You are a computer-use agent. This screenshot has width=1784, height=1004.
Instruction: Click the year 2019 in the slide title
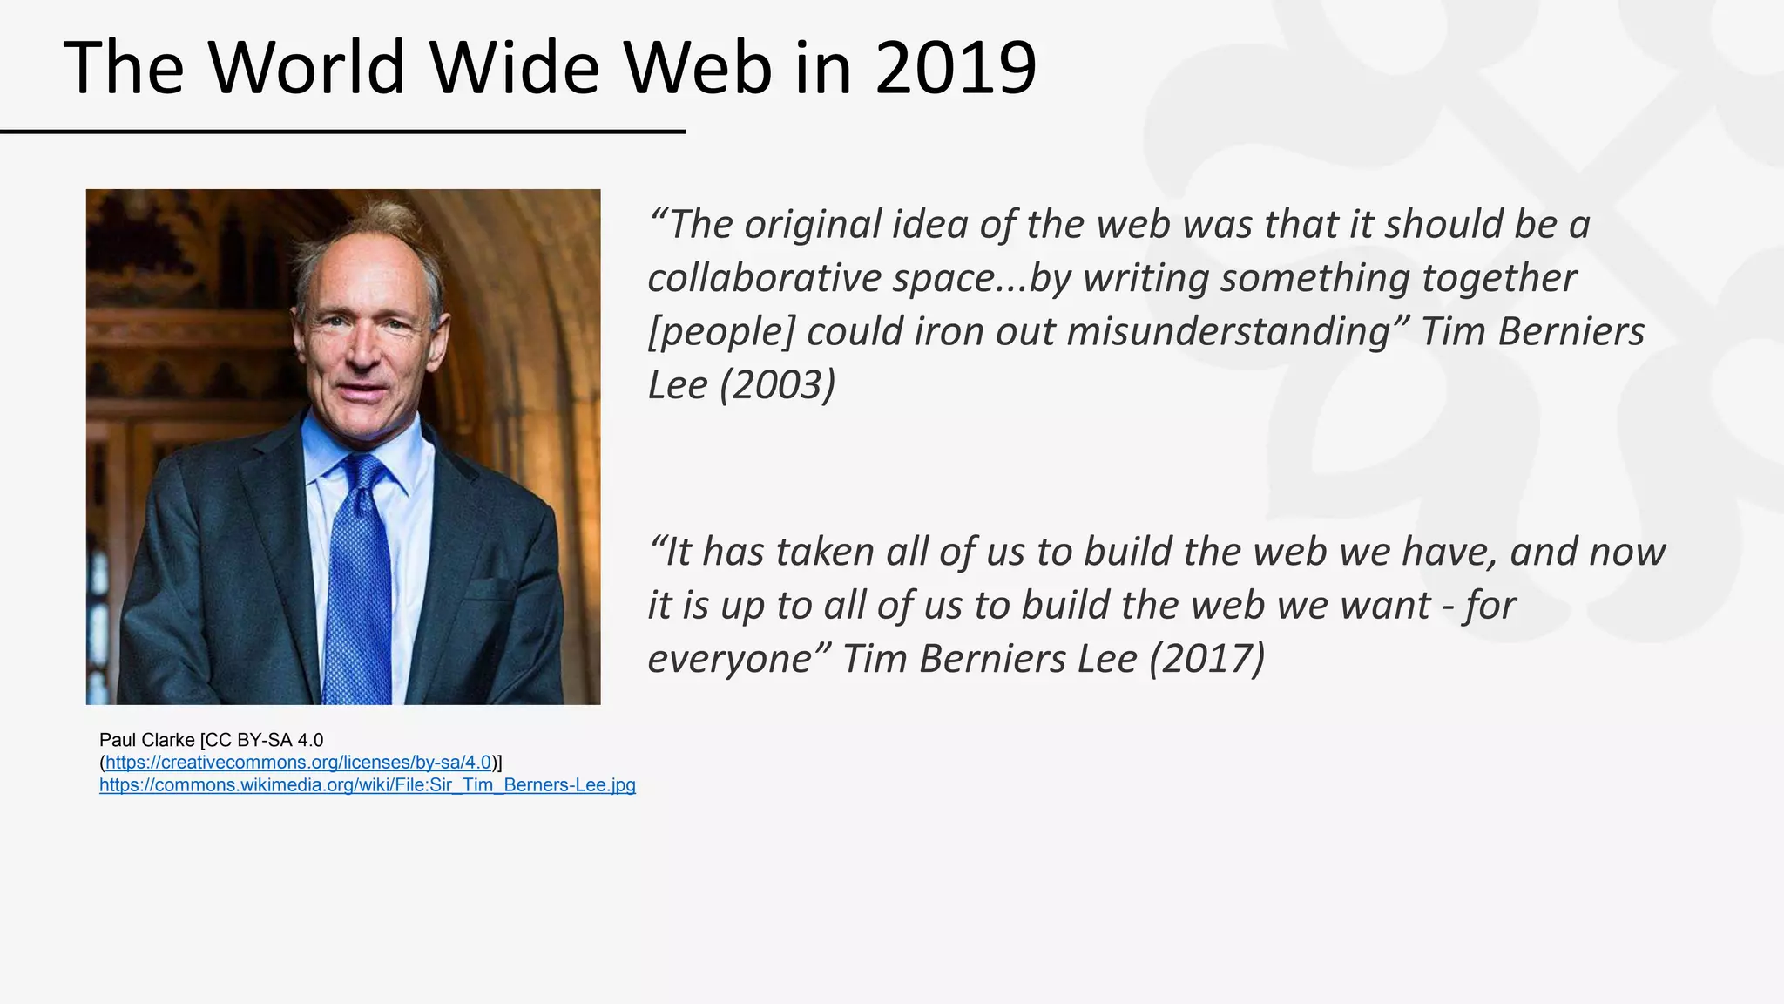[x=956, y=68]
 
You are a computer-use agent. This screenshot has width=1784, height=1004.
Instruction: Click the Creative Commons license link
[x=298, y=763]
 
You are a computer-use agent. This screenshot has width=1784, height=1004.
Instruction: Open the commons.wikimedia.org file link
[x=367, y=785]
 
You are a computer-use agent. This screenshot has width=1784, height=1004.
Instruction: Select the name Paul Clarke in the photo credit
[x=146, y=740]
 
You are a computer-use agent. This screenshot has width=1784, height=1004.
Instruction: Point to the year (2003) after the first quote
[x=777, y=385]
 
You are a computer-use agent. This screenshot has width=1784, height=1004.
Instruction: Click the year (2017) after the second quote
[x=1206, y=659]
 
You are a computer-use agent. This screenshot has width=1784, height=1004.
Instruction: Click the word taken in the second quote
[x=824, y=552]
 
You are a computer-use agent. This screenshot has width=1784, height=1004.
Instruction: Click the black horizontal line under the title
[x=342, y=132]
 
